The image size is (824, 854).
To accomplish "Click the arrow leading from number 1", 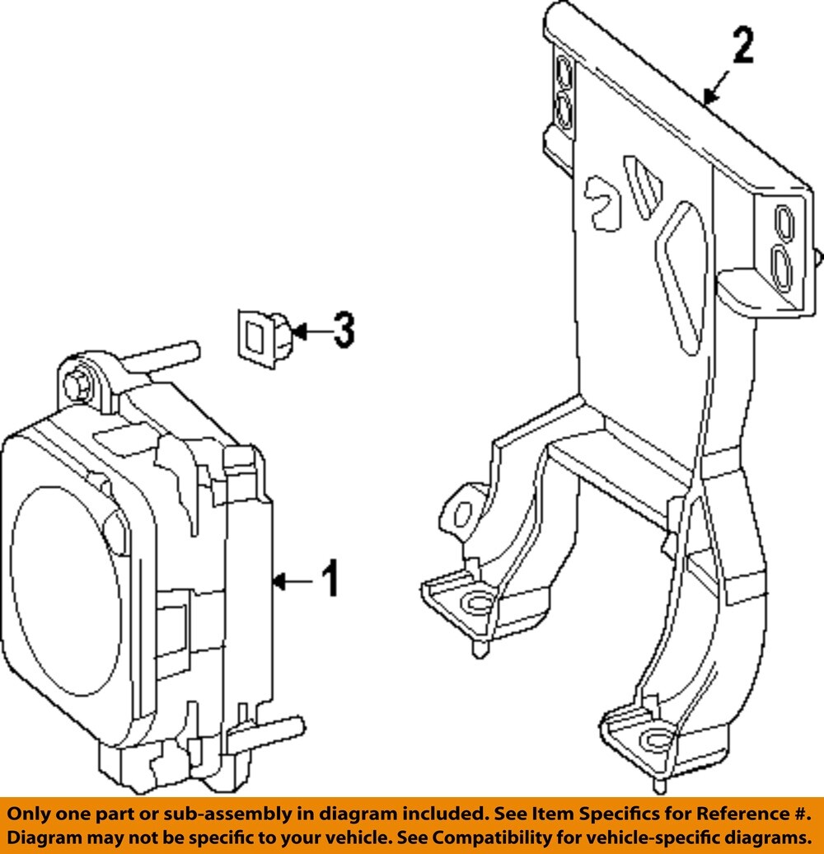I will click(x=292, y=582).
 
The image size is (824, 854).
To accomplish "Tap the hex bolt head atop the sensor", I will click(x=79, y=383).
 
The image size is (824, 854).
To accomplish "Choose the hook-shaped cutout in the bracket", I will click(x=605, y=200).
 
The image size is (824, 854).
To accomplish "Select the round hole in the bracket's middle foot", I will click(x=476, y=606).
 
